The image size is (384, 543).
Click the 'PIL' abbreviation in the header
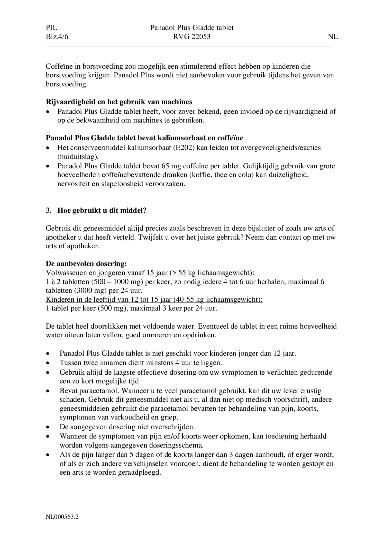[51, 28]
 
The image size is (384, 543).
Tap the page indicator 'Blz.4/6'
[57, 37]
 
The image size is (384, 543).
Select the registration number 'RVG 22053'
[192, 37]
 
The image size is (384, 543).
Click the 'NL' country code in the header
[333, 37]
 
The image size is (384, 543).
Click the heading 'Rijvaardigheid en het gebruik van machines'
[119, 102]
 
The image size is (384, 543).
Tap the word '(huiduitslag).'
[78, 157]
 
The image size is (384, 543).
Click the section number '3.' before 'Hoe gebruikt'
[49, 210]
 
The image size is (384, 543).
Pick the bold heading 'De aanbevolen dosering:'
[86, 264]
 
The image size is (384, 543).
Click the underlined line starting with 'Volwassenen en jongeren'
[150, 273]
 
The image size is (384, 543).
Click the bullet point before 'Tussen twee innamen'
[48, 363]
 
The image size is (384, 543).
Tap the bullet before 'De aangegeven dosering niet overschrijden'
[48, 427]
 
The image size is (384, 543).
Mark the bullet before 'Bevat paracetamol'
[48, 391]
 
